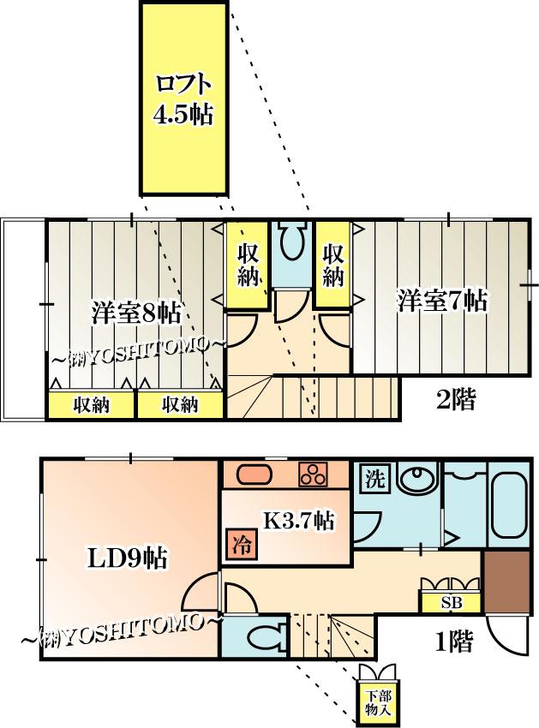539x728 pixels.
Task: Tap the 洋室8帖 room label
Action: point(135,313)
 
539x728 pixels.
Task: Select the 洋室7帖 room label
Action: point(442,301)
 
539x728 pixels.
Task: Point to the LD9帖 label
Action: point(128,558)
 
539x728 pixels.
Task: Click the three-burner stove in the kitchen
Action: point(313,474)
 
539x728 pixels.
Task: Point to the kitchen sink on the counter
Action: point(254,474)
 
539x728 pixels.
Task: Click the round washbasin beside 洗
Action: point(417,481)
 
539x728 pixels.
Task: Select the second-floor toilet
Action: point(293,240)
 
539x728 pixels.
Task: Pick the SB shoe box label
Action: point(452,602)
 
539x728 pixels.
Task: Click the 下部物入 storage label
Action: point(378,702)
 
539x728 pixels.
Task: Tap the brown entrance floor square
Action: point(507,582)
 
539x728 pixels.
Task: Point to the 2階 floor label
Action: point(455,399)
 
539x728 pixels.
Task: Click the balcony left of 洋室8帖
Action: point(23,319)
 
